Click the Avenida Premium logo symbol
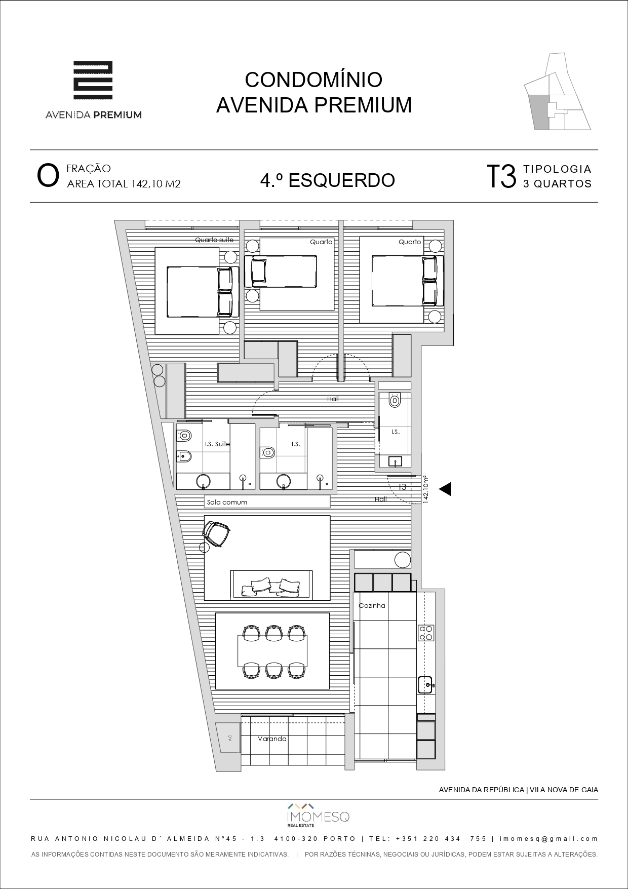click(x=93, y=80)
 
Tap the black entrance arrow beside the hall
click(x=445, y=489)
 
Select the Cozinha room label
click(x=372, y=605)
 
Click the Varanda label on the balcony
click(x=272, y=739)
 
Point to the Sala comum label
click(x=227, y=502)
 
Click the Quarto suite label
click(x=214, y=240)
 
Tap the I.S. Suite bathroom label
click(x=217, y=444)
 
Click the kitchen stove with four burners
click(x=426, y=633)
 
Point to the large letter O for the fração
click(x=48, y=176)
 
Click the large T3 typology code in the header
click(x=501, y=176)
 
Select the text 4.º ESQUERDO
click(x=327, y=180)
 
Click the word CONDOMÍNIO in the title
click(x=313, y=80)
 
